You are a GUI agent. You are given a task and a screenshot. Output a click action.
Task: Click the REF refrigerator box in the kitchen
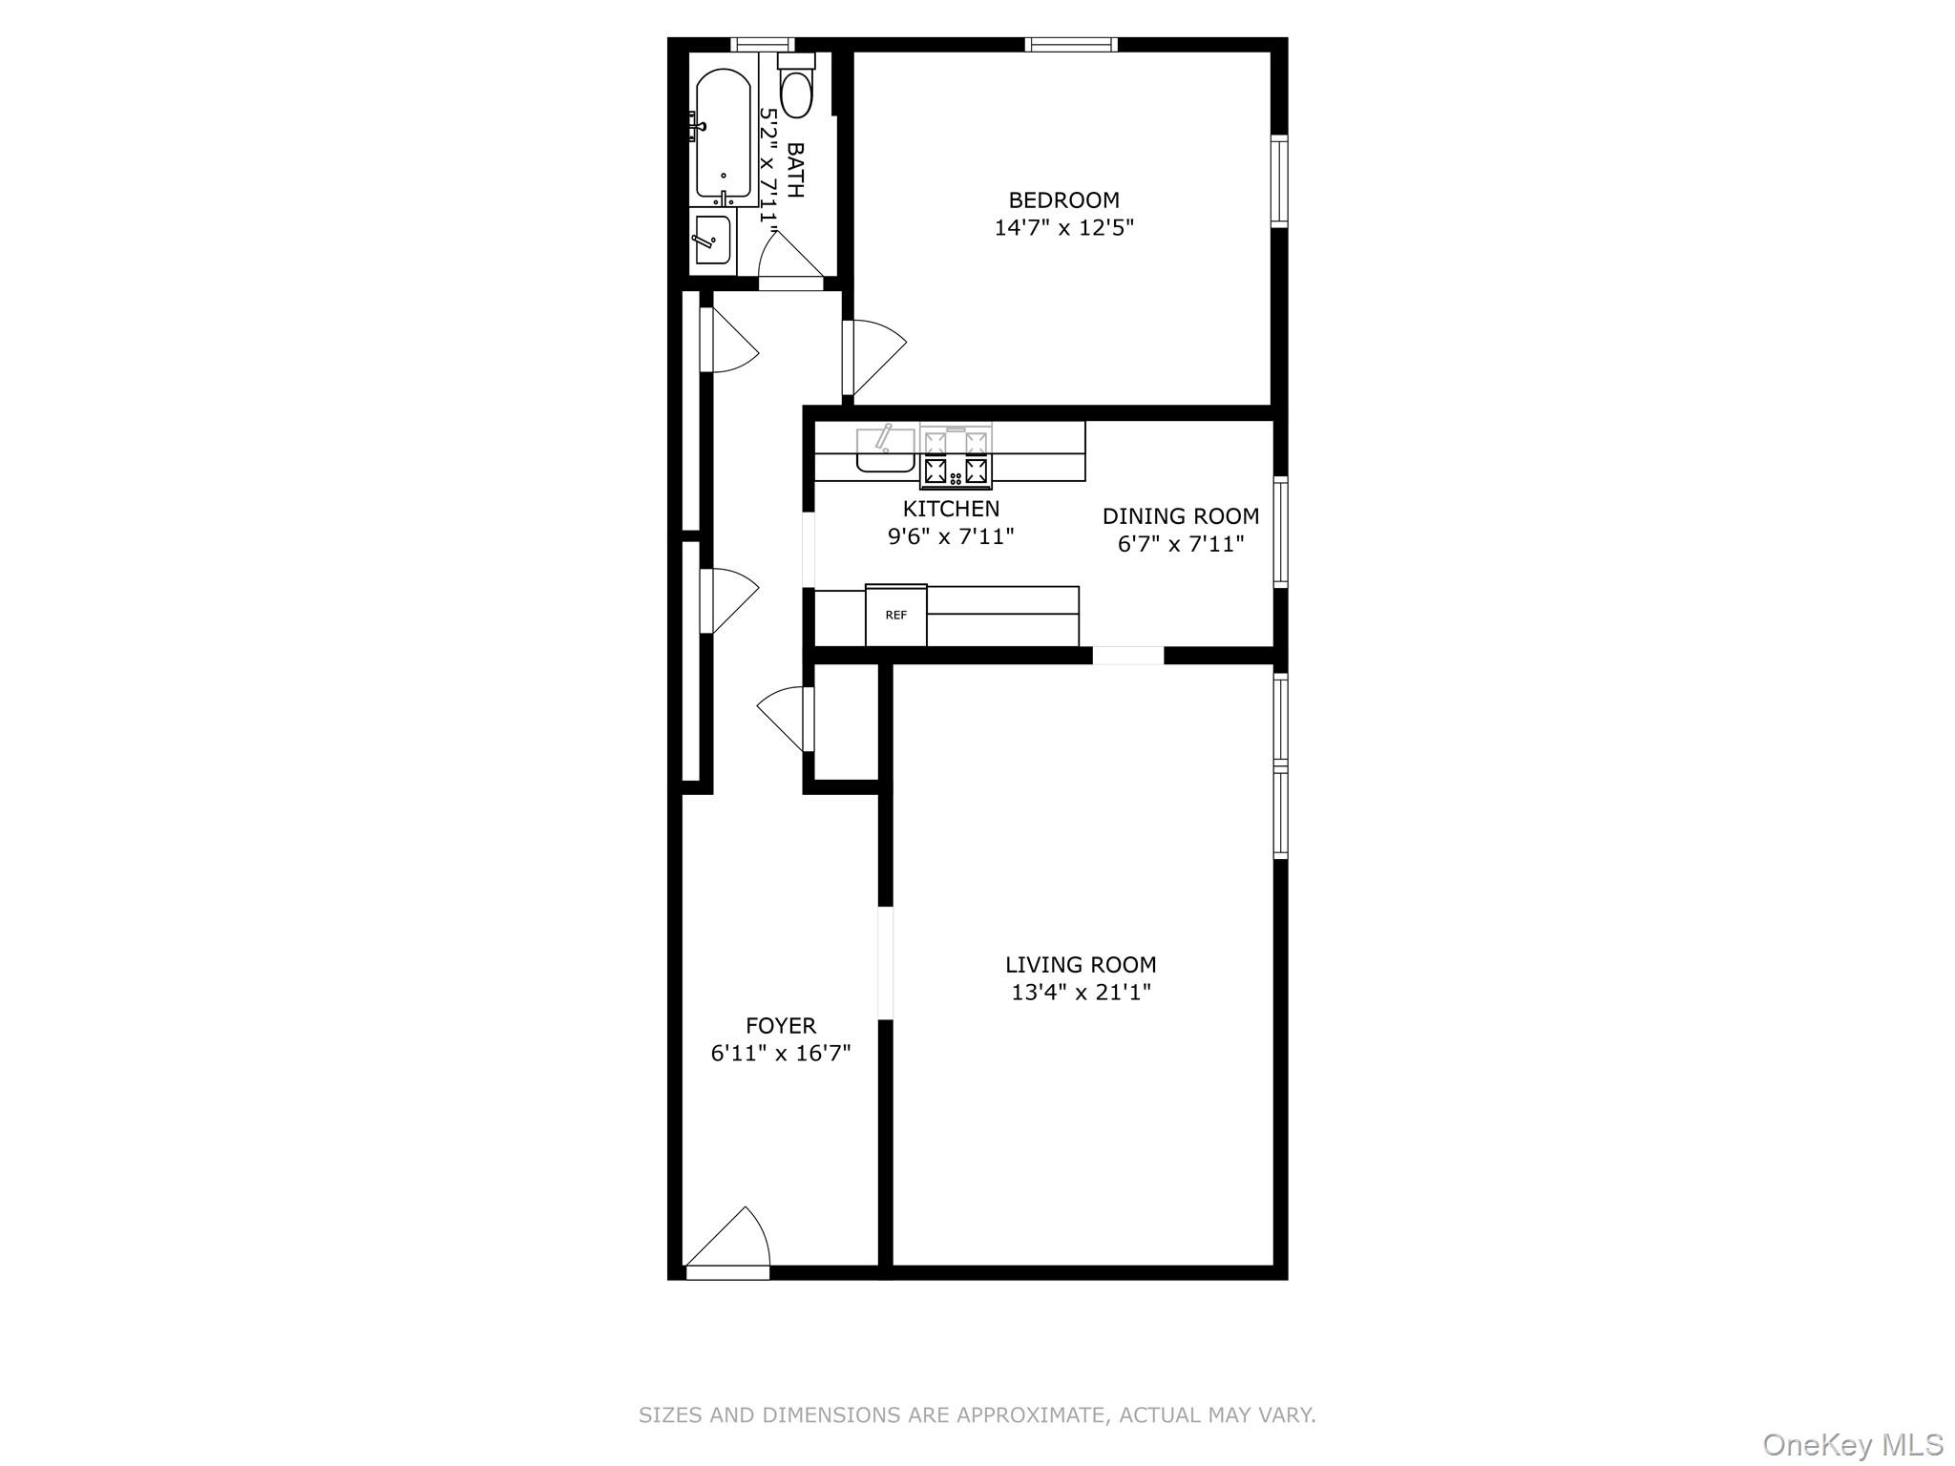coord(895,616)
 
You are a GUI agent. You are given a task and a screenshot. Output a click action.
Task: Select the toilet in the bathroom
coord(795,91)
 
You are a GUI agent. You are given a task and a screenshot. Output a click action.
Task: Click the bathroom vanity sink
coord(712,239)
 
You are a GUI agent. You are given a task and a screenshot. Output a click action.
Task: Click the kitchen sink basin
coord(885,450)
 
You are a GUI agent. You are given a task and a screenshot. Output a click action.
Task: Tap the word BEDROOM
coord(1063,200)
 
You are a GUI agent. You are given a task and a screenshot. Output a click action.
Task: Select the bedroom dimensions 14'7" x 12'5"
coord(1063,228)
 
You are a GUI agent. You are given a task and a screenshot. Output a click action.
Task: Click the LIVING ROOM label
coord(1081,965)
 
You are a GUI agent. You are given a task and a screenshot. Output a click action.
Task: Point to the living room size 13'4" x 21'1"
coord(1081,993)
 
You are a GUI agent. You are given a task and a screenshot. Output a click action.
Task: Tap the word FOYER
coord(781,1026)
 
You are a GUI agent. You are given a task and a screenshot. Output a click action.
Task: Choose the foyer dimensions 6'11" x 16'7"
coord(781,1054)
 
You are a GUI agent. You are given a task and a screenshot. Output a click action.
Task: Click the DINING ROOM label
coord(1181,516)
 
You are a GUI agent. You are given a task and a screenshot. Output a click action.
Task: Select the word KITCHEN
coord(951,509)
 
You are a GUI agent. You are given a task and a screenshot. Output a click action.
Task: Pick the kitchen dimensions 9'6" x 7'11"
coord(951,536)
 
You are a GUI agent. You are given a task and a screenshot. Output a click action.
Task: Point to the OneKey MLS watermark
coord(1852,1444)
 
